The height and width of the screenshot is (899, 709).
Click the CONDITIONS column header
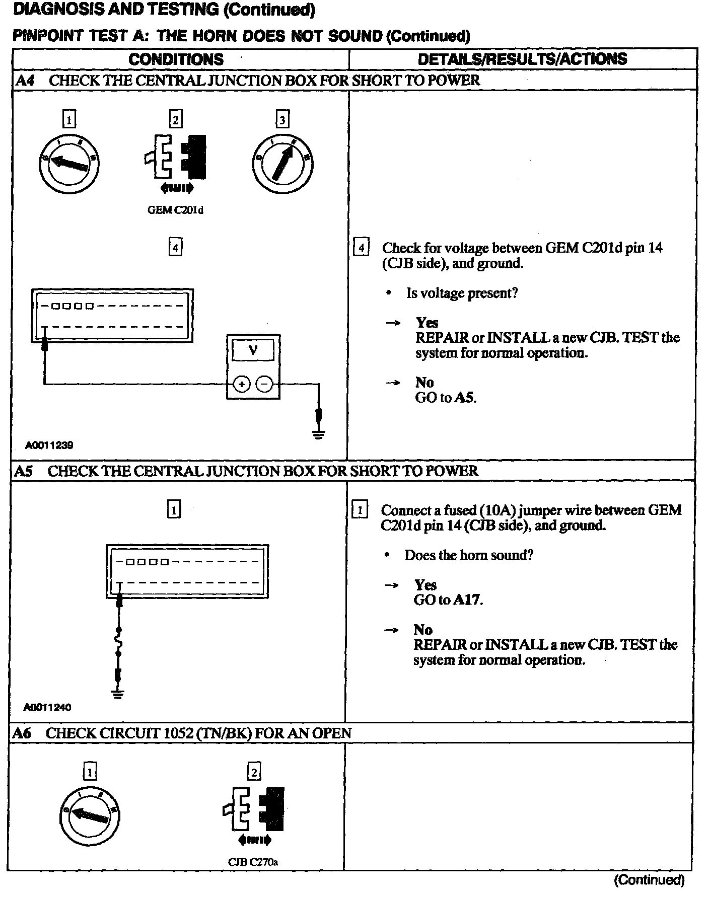point(176,59)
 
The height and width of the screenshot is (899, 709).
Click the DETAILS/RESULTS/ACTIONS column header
point(523,59)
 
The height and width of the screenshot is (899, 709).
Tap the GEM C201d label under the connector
point(175,210)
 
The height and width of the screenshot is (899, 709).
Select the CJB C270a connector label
point(253,862)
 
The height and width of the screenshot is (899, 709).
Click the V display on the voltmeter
point(253,350)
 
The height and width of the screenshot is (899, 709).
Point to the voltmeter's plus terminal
point(242,385)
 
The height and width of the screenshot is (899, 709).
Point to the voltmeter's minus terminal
point(265,385)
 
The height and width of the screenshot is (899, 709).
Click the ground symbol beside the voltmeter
point(318,434)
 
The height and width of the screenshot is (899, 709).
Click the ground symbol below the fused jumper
point(119,695)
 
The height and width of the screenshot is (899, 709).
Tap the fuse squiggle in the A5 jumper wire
point(119,642)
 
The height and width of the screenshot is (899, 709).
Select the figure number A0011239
point(50,445)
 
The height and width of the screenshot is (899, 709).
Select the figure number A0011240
point(47,707)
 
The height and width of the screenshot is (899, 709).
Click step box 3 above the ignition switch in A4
point(282,119)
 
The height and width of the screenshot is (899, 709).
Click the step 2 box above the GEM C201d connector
point(175,119)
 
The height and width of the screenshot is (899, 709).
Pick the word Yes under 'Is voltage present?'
point(427,323)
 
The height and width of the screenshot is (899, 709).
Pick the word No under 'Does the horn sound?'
point(423,630)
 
